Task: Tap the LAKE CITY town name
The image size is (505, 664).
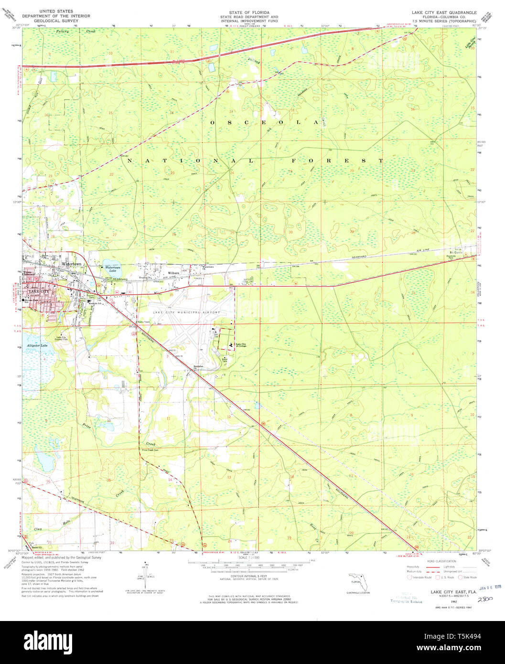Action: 38,291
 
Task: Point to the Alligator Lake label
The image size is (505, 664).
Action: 37,345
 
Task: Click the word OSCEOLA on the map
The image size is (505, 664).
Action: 264,123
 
